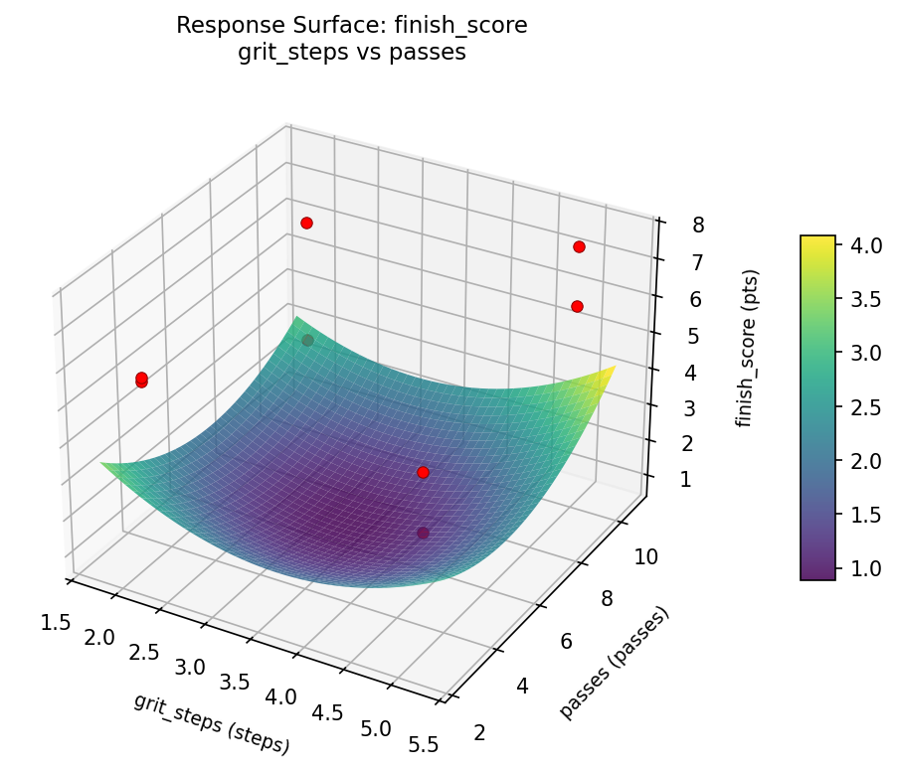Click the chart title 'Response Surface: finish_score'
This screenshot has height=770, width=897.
(x=351, y=26)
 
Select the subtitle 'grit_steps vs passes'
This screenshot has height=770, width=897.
(x=351, y=53)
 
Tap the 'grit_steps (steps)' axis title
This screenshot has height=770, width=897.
(x=211, y=722)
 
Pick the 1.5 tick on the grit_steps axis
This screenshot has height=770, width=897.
(x=56, y=623)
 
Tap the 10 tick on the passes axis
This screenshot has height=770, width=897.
(x=645, y=557)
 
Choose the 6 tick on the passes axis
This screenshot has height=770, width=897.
(x=565, y=642)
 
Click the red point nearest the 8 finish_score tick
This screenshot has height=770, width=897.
(x=579, y=247)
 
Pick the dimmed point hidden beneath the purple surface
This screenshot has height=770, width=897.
(x=423, y=534)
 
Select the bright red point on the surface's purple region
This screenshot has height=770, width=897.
(x=423, y=473)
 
